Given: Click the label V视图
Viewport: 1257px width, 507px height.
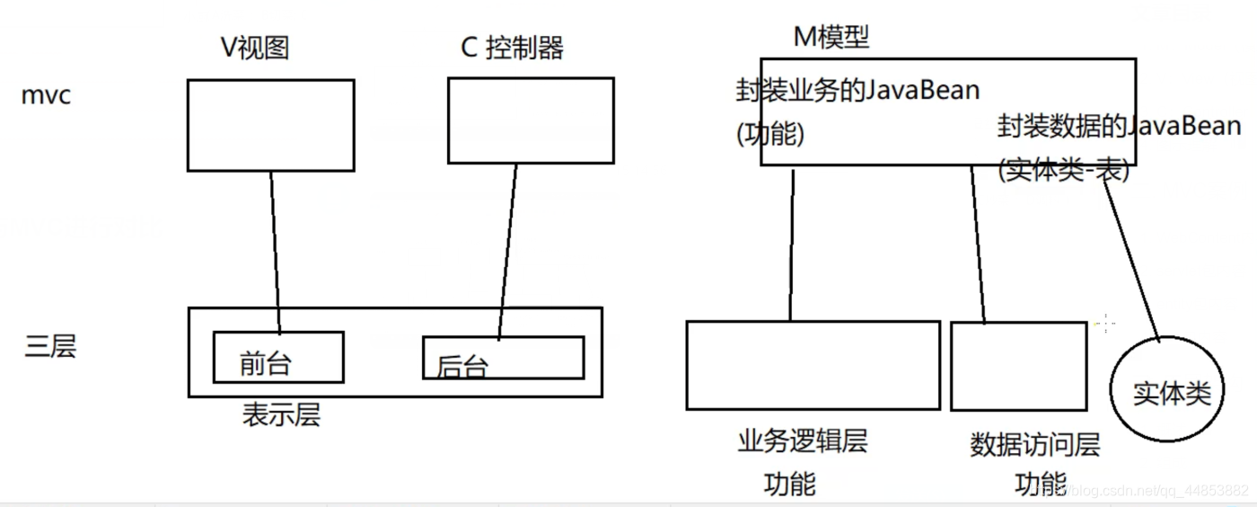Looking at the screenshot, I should [255, 47].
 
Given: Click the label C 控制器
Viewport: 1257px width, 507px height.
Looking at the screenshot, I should [512, 47].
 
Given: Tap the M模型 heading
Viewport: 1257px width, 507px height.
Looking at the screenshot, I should [831, 37].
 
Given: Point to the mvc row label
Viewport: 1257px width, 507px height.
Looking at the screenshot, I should [46, 95].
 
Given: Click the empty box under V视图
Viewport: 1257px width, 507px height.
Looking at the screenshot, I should [270, 125].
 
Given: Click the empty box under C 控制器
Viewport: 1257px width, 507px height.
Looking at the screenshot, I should [531, 120].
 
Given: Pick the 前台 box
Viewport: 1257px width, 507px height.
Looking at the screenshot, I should [278, 358].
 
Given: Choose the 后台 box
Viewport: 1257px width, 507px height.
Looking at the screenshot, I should [503, 359].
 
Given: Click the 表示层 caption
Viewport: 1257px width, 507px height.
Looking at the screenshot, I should [281, 414].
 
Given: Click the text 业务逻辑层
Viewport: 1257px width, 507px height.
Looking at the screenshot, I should [803, 441].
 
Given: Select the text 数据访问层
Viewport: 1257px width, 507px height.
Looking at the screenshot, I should [1035, 444].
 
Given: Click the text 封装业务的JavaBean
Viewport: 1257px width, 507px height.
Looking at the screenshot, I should [857, 91].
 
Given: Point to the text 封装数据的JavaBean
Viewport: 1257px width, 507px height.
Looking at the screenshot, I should [1119, 126].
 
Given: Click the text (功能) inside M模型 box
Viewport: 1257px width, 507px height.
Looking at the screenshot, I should [769, 135].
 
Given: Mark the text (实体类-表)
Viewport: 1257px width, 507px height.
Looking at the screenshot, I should [1063, 170].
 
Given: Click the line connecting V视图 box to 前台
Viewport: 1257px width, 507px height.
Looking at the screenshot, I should [275, 252].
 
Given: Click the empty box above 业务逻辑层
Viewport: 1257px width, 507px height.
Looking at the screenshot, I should [813, 365].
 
